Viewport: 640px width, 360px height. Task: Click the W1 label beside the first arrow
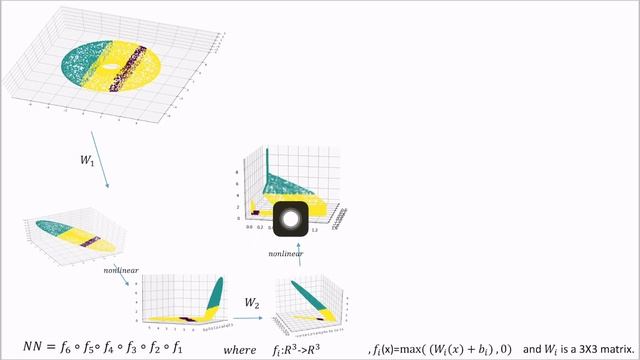click(x=86, y=158)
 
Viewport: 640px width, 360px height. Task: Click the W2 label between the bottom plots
click(x=254, y=302)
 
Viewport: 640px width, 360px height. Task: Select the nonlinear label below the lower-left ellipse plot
click(x=120, y=269)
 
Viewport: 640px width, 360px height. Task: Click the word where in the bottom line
click(x=239, y=348)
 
